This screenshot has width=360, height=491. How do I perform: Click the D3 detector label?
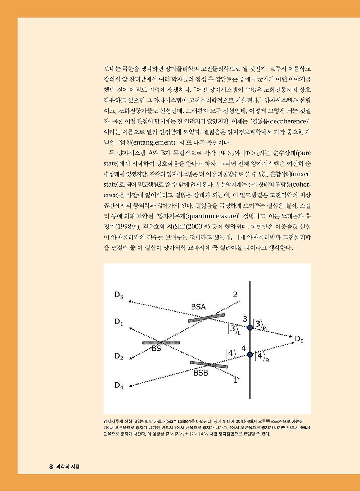click(x=119, y=295)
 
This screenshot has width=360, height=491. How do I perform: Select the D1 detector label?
click(x=119, y=322)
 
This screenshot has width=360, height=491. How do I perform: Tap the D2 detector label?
click(x=119, y=356)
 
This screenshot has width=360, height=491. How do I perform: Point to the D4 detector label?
click(x=119, y=385)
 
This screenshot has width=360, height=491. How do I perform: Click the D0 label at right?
click(x=299, y=339)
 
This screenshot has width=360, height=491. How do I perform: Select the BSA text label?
click(x=198, y=307)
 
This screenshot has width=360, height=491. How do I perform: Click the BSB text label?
click(x=201, y=373)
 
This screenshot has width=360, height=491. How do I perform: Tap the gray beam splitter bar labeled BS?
click(x=161, y=343)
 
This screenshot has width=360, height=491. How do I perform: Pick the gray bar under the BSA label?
click(x=206, y=318)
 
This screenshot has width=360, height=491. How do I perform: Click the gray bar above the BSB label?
click(x=209, y=364)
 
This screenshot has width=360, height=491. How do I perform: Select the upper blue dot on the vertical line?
click(x=250, y=327)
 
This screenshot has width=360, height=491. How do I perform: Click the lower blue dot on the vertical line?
click(x=250, y=354)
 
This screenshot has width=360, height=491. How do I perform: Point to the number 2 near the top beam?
click(x=235, y=295)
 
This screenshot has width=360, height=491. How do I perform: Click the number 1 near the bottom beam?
click(x=235, y=380)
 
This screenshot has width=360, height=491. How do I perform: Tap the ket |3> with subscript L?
click(x=233, y=329)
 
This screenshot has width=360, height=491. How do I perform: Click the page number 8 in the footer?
click(x=51, y=467)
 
